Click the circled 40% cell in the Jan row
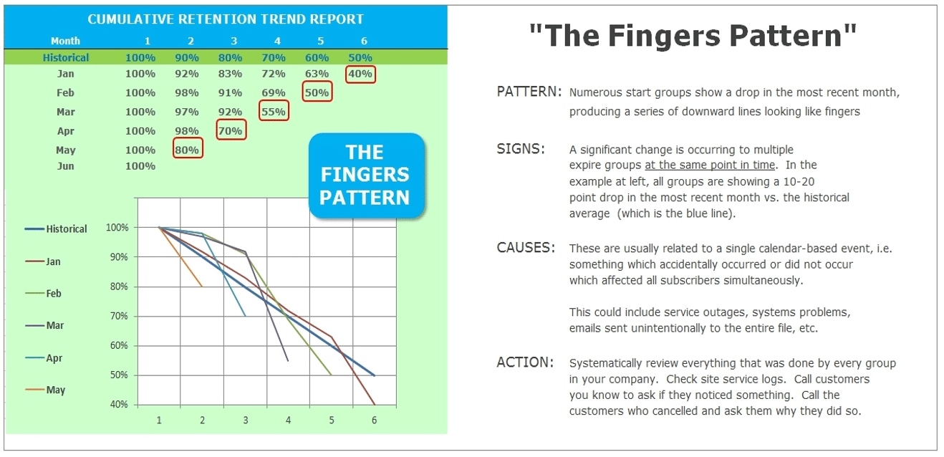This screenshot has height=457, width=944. (360, 74)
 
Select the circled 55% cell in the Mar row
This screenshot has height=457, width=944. (274, 111)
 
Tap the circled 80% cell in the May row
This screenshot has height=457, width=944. (188, 148)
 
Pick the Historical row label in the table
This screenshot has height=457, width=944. (66, 58)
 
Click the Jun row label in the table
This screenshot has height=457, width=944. (66, 166)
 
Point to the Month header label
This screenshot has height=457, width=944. (65, 41)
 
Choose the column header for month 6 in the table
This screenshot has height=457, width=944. (364, 41)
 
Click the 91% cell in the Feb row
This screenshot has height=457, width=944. (230, 92)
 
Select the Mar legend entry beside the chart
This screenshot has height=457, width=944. (44, 325)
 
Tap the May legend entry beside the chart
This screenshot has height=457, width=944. (45, 390)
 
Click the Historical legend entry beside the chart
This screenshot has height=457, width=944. (56, 229)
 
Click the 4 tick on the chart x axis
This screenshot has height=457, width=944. (288, 420)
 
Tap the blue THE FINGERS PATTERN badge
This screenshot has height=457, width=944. (366, 175)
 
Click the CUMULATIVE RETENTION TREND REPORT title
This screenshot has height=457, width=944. (226, 19)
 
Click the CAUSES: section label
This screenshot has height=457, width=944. (526, 247)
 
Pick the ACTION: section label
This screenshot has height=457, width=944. (525, 362)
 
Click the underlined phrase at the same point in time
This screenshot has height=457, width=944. (710, 165)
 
